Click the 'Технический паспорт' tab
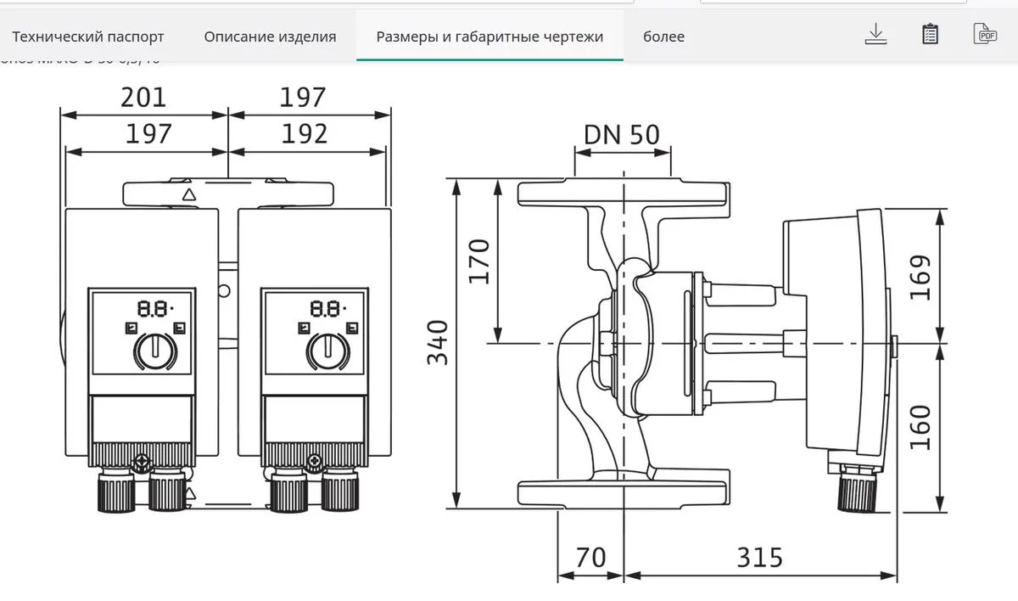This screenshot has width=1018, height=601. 88,37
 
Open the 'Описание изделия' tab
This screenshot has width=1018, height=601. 270,37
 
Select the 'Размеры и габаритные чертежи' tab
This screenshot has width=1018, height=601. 489,37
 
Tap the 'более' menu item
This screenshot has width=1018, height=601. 663,37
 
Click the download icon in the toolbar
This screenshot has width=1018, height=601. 875,34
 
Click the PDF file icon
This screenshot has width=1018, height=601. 984,34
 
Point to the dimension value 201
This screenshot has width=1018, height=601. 143,98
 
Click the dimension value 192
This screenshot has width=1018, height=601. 304,134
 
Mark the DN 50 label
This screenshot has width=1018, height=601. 621,134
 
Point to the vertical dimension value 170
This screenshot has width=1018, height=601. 479,261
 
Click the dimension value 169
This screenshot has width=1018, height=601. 920,277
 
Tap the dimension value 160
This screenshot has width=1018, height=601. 920,427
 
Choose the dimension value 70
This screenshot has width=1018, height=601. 590,558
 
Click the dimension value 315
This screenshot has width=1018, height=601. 758,558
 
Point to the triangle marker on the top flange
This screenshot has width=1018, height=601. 189,194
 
